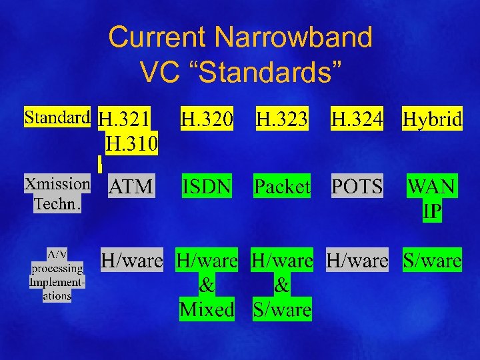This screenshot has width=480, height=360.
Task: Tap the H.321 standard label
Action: coord(124,120)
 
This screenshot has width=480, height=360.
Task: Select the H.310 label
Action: coord(131,143)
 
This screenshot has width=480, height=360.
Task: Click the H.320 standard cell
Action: coord(207,120)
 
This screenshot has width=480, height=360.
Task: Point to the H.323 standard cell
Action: coord(282,120)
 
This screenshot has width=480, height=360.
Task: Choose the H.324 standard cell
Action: coord(357,120)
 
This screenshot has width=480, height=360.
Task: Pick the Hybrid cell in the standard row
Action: coord(432,120)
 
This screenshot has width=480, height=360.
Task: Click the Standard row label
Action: coord(57,118)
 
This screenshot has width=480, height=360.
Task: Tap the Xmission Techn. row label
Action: coord(57,193)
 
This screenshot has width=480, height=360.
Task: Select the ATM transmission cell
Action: coord(131,187)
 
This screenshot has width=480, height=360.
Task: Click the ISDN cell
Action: coord(207,187)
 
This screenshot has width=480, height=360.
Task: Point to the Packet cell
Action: coord(282,187)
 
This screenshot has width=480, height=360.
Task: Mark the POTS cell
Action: coord(357,187)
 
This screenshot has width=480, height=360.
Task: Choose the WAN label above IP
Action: coord(432,187)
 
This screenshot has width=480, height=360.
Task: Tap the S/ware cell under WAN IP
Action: coord(432,261)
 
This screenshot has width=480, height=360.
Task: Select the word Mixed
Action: coord(207,309)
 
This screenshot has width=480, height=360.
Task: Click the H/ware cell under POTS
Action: coord(357,261)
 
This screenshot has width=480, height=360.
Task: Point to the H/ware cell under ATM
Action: coord(131,261)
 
